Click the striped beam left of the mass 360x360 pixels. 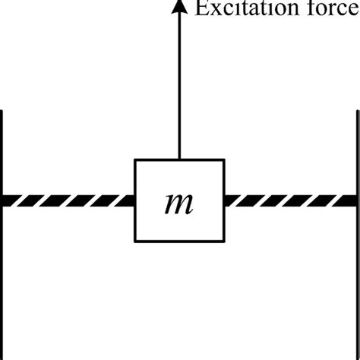[68, 201]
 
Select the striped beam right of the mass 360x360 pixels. [289, 201]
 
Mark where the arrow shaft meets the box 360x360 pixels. [179, 159]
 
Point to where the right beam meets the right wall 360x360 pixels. [355, 201]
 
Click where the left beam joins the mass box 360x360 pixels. [135, 201]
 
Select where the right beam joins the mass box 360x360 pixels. [224, 201]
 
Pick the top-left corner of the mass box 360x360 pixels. [135, 159]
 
